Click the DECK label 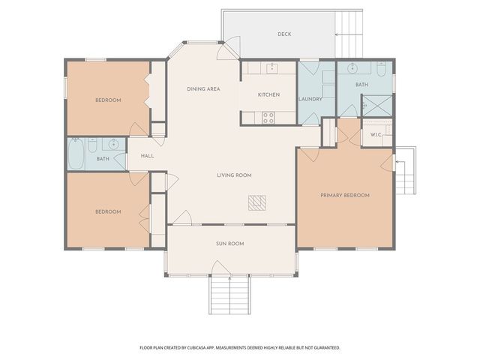coord(284,34)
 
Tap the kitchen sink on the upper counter coord(272,69)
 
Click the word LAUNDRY coord(310,99)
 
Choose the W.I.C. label coord(376,135)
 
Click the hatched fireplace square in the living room coord(257,203)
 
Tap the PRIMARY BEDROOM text coord(345,196)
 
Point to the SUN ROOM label coord(230,244)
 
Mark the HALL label coord(147,156)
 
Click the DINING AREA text coord(203,89)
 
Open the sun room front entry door coord(220,268)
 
